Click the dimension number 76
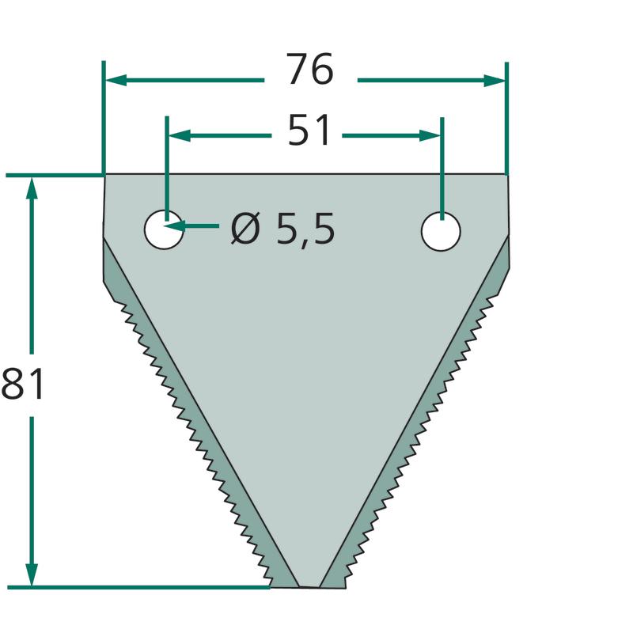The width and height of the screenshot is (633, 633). pyautogui.click(x=310, y=70)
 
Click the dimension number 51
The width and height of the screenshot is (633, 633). pyautogui.click(x=309, y=130)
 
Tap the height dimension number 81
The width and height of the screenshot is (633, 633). pyautogui.click(x=22, y=384)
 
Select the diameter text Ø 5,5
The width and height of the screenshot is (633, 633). pyautogui.click(x=282, y=229)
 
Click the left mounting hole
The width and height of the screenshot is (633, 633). pyautogui.click(x=164, y=229)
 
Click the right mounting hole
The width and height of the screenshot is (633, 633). pyautogui.click(x=441, y=231)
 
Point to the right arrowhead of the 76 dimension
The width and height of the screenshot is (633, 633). pyautogui.click(x=494, y=81)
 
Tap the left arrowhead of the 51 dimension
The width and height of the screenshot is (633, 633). pyautogui.click(x=180, y=135)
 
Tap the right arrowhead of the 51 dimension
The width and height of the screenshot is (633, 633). pyautogui.click(x=430, y=135)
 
